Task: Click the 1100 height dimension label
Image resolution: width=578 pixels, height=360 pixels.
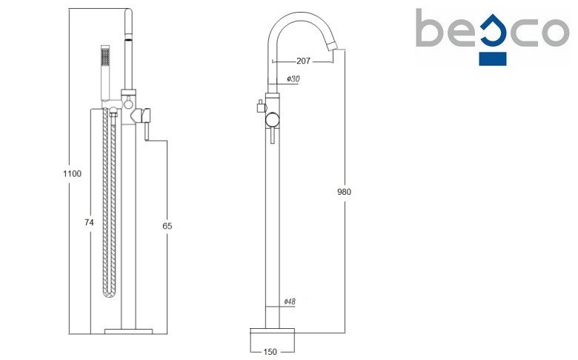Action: coord(73,173)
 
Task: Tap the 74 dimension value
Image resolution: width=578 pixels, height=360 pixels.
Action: coord(89,222)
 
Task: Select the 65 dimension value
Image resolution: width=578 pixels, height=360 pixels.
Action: coord(167,226)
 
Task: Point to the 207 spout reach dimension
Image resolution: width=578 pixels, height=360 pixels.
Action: coord(303,61)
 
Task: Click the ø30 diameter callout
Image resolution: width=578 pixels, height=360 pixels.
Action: coord(293,79)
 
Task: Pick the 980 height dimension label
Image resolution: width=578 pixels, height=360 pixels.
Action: coord(345,192)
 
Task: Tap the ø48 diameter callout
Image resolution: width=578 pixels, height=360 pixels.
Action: coord(290,301)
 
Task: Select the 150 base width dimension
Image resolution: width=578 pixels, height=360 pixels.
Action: coord(270,352)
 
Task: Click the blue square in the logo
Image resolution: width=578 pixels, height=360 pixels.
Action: coord(493,59)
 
